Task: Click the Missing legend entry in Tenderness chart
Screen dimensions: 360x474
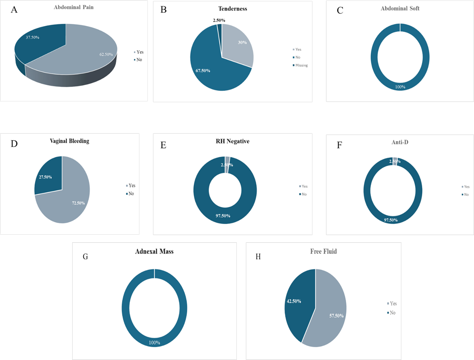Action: coord(301,65)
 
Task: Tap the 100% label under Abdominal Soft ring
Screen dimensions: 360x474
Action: coord(400,87)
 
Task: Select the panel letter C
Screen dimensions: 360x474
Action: coord(340,11)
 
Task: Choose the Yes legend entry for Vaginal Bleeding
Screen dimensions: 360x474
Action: coord(132,186)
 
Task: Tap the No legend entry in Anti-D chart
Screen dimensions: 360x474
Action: coord(466,194)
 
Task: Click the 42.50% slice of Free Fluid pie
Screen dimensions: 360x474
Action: coord(297,301)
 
